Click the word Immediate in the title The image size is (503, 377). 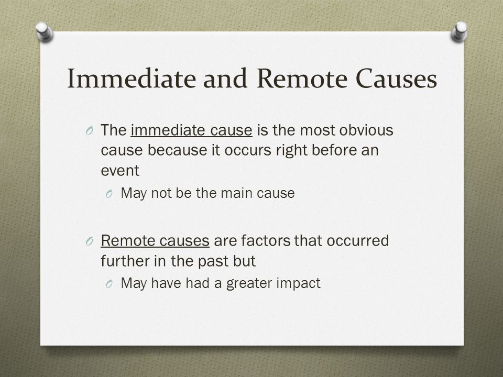(x=132, y=78)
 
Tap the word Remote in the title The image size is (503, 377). (x=302, y=78)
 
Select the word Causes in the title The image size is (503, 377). (x=396, y=78)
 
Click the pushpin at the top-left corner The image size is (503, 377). (x=44, y=31)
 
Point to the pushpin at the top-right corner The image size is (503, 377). (x=460, y=31)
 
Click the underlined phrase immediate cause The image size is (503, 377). (x=192, y=130)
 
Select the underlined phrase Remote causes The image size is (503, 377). (x=155, y=241)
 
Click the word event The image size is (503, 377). (x=120, y=171)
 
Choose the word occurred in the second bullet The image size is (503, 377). (x=358, y=241)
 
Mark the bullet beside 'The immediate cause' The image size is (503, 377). (x=90, y=131)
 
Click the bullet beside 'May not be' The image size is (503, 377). (x=109, y=194)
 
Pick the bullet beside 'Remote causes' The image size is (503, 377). (x=90, y=241)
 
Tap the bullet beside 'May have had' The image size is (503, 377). (x=109, y=284)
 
